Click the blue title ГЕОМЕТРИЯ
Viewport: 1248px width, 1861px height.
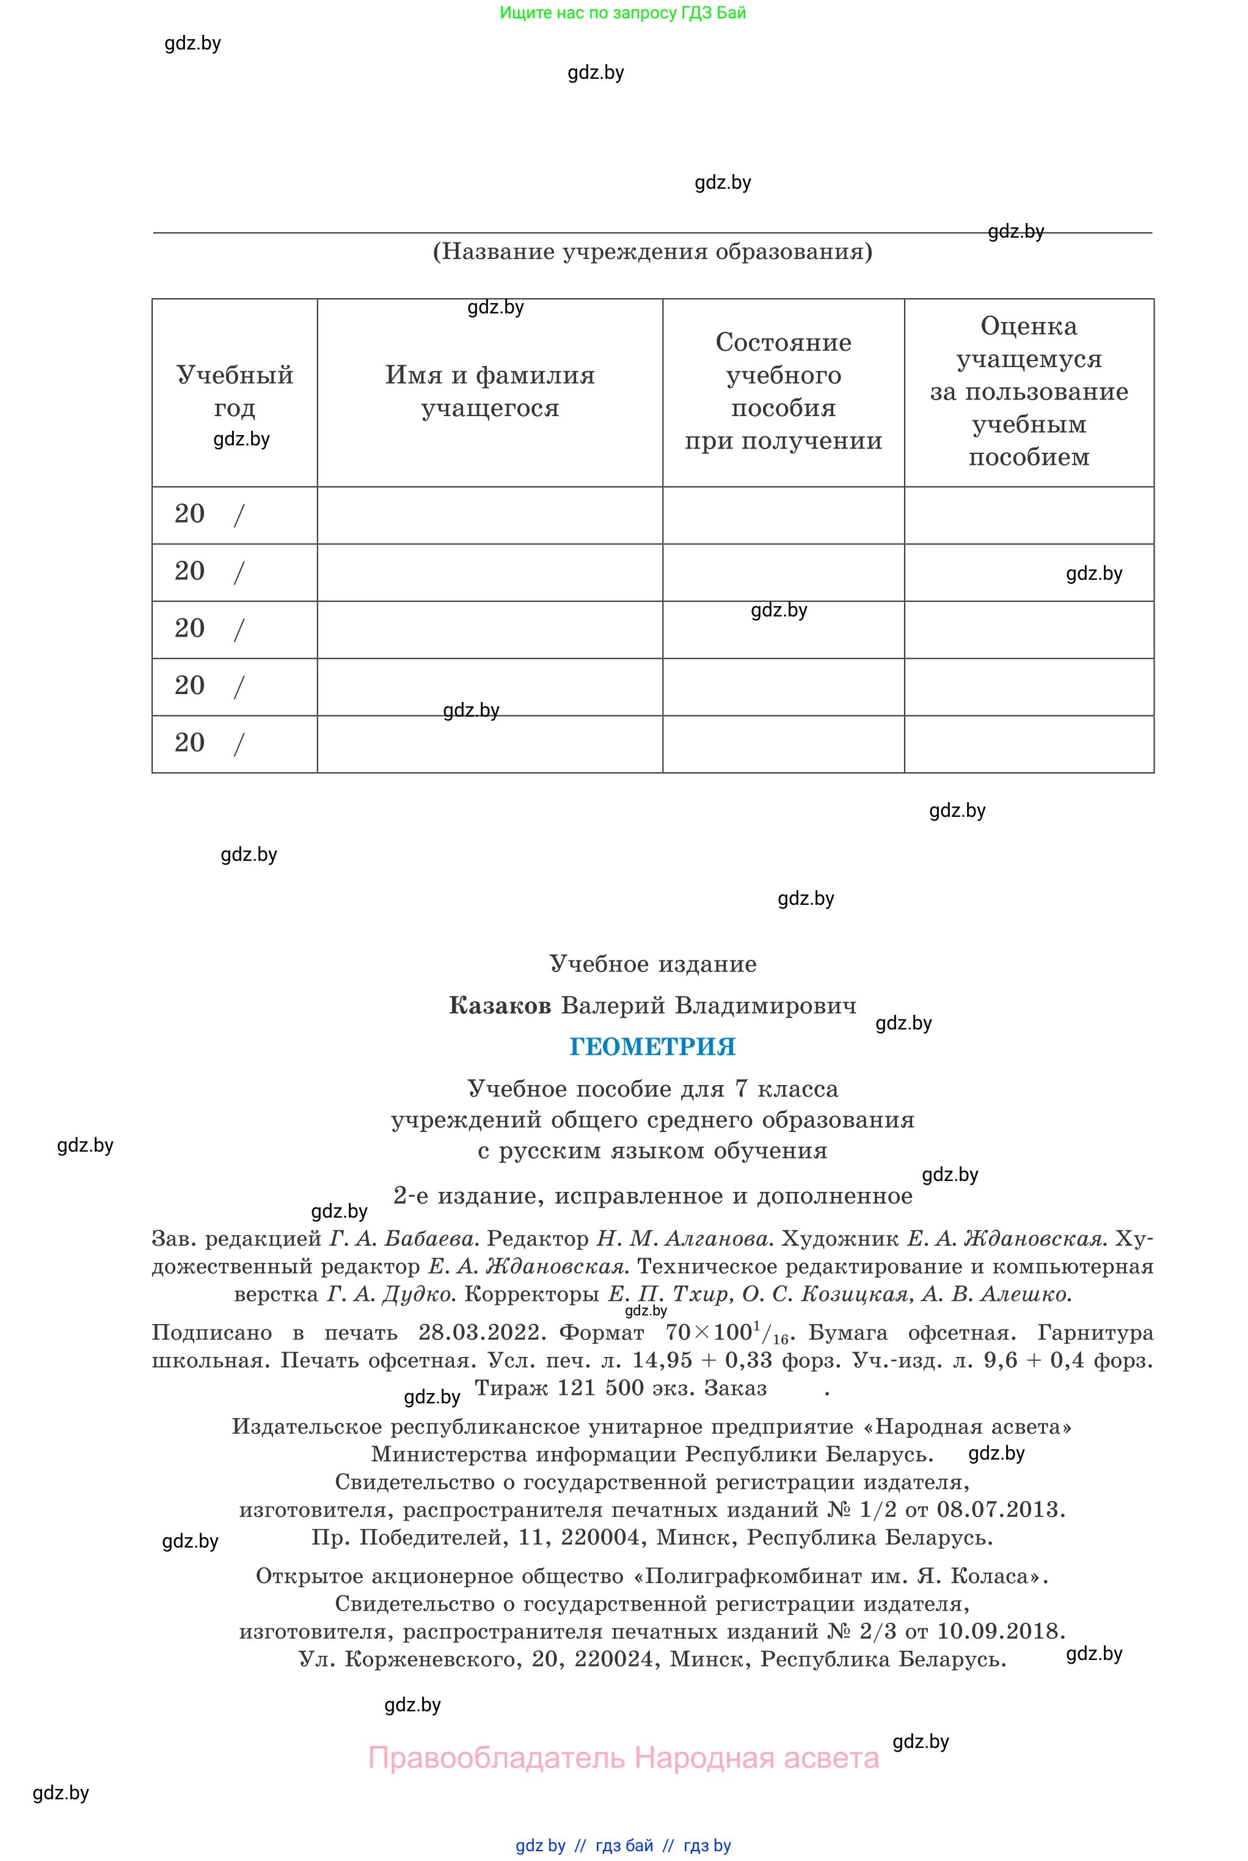click(652, 1047)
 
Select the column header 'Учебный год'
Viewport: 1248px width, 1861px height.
click(234, 391)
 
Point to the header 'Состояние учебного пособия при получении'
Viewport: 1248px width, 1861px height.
click(783, 391)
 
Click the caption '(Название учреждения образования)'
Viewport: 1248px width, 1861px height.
click(652, 252)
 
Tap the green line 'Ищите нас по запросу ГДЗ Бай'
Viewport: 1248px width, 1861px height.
click(622, 13)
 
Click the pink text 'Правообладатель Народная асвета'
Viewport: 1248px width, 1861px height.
click(623, 1758)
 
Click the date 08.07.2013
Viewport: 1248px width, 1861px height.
click(998, 1509)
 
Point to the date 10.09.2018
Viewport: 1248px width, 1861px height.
click(998, 1631)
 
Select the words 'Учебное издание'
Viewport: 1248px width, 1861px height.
click(652, 964)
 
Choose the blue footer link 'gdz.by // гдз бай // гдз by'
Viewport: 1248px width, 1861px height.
click(623, 1845)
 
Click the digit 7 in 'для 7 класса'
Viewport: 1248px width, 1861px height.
click(741, 1089)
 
